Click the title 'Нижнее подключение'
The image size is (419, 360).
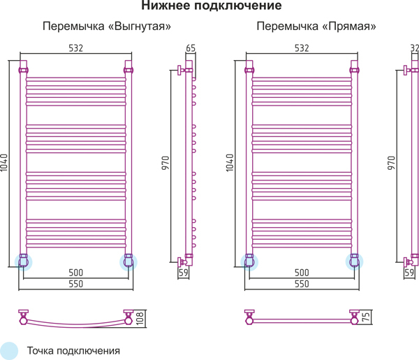tap(212, 6)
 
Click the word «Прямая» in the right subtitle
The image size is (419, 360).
tap(349, 27)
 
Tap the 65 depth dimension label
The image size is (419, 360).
tap(191, 48)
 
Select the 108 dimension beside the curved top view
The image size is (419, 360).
tap(140, 318)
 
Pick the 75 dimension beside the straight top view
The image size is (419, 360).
tap(366, 317)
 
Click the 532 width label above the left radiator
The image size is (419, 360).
tap(76, 48)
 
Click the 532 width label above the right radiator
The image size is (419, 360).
tap(302, 48)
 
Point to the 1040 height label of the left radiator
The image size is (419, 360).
tap(4, 163)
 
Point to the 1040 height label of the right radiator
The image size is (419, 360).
tap(230, 163)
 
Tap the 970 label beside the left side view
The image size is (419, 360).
tap(166, 163)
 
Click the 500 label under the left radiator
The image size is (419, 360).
tap(76, 273)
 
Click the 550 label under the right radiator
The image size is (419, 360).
tap(302, 284)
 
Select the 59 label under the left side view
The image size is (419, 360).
tap(184, 273)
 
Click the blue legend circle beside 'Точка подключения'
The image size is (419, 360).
tap(9, 351)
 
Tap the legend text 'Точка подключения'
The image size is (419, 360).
tap(73, 351)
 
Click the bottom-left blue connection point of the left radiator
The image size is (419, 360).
tap(23, 262)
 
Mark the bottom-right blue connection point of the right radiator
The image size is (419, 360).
tap(354, 262)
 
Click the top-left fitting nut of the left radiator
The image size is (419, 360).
tap(23, 71)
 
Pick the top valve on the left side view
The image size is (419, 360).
tap(181, 71)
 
